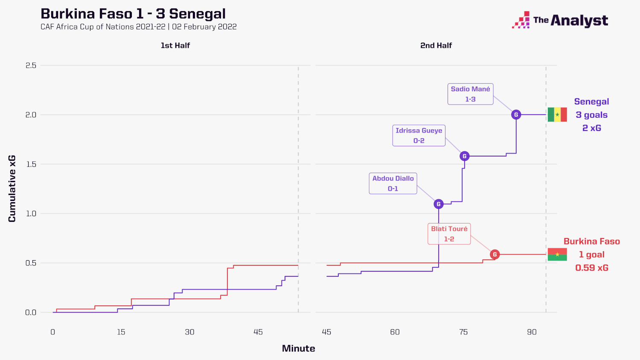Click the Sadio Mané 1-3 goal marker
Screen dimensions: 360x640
(x=516, y=115)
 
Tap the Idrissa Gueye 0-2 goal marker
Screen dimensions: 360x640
(x=464, y=156)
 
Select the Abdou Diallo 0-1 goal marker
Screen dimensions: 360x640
(x=438, y=204)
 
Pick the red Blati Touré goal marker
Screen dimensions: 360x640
(x=495, y=255)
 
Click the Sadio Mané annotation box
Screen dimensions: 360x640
(x=470, y=94)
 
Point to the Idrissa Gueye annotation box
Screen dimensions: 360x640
(x=419, y=136)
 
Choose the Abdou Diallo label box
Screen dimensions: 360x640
(x=393, y=183)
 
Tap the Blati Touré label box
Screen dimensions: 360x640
(x=449, y=234)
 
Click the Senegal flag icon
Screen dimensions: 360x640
(x=557, y=115)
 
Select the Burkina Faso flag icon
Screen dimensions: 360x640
(x=557, y=255)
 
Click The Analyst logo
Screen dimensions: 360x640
(x=560, y=20)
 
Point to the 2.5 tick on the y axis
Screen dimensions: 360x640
(x=31, y=65)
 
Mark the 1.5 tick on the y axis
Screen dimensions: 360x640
(x=31, y=164)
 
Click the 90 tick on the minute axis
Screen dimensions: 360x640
(x=532, y=332)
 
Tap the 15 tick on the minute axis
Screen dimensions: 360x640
(x=121, y=332)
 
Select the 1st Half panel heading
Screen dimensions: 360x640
(x=175, y=46)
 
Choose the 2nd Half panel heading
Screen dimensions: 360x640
(x=436, y=46)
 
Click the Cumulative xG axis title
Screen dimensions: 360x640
(x=12, y=189)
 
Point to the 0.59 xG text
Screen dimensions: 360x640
(x=591, y=268)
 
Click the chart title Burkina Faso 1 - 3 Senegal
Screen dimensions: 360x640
(x=133, y=14)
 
